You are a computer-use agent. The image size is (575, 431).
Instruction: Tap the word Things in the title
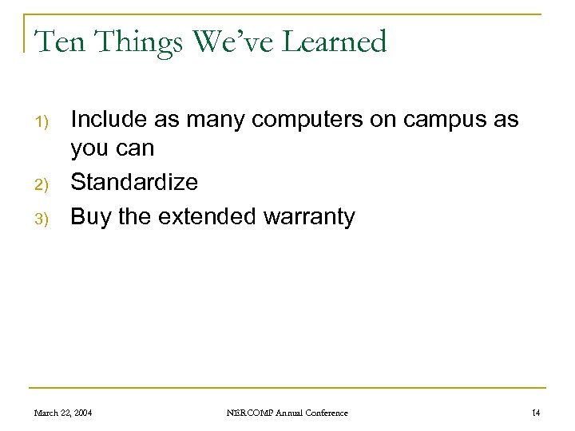(x=131, y=42)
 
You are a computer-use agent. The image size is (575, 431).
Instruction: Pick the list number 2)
(x=42, y=184)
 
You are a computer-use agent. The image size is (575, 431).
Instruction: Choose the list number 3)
(x=42, y=218)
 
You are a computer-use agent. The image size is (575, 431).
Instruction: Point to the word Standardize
(x=134, y=183)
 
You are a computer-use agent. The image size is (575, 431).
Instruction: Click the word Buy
(x=91, y=217)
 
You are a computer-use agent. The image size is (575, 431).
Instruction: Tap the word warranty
(x=312, y=217)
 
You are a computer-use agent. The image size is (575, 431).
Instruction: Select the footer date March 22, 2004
(x=62, y=413)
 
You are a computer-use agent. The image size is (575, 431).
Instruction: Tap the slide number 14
(x=536, y=413)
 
